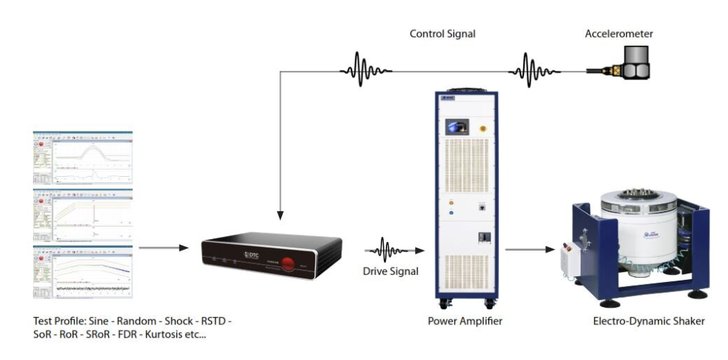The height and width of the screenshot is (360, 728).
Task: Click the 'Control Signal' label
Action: pyautogui.click(x=442, y=34)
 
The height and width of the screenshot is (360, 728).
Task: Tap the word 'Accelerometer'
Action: pyautogui.click(x=618, y=34)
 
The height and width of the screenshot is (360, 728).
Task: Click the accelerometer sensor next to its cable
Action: pyautogui.click(x=632, y=65)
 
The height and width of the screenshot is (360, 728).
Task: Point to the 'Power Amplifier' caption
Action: pyautogui.click(x=465, y=321)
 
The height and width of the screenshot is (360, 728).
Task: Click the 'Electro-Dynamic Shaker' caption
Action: pyautogui.click(x=649, y=321)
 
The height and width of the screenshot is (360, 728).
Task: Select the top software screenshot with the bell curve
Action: pyautogui.click(x=82, y=157)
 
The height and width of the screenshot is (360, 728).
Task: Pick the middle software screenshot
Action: pyautogui.click(x=82, y=214)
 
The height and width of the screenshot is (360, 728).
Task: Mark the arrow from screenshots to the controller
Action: pyautogui.click(x=163, y=248)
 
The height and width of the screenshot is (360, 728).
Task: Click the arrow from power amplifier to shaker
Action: pyautogui.click(x=530, y=250)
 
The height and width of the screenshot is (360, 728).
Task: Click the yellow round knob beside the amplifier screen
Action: pyautogui.click(x=482, y=128)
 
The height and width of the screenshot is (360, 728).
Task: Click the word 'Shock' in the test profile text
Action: pyautogui.click(x=179, y=321)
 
